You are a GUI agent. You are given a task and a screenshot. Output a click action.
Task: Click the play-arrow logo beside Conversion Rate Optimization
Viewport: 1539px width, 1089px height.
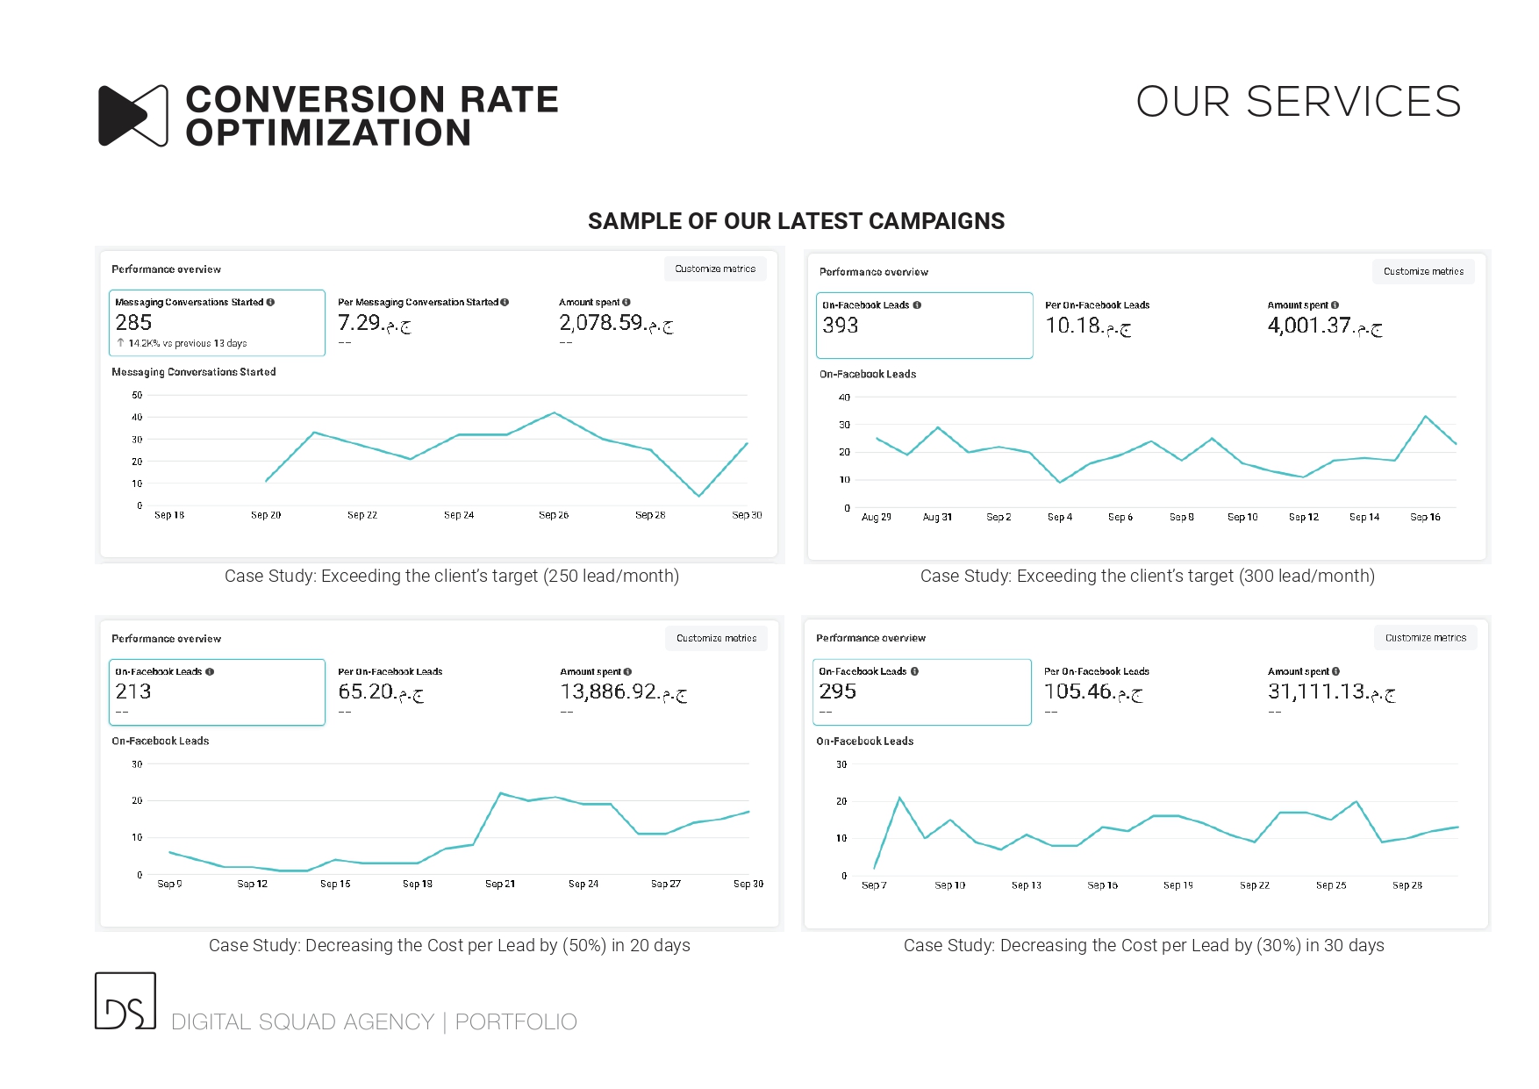click(x=132, y=116)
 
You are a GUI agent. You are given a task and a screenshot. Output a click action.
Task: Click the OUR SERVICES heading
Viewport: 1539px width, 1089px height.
click(x=1298, y=102)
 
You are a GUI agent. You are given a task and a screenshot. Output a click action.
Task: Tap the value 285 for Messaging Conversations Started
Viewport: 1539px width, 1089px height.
click(x=133, y=323)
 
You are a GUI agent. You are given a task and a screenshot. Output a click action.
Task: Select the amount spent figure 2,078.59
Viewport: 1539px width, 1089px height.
click(x=602, y=323)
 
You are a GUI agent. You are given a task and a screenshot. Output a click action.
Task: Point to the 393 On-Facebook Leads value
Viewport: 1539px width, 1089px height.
click(x=840, y=326)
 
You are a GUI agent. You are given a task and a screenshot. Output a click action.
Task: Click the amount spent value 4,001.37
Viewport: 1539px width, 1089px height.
click(x=1309, y=326)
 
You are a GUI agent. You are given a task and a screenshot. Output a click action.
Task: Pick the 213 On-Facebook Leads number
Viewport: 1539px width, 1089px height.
click(x=133, y=691)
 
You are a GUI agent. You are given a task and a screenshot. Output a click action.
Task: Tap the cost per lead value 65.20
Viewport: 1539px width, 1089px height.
click(x=366, y=691)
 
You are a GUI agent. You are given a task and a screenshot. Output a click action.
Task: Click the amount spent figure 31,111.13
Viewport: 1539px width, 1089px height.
click(x=1316, y=691)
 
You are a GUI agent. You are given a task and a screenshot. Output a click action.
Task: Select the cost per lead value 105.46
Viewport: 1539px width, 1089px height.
click(x=1077, y=691)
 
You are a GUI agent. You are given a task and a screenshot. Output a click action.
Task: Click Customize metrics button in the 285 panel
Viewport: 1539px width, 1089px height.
click(x=715, y=269)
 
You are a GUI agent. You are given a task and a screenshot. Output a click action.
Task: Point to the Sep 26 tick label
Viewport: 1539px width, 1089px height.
click(x=554, y=515)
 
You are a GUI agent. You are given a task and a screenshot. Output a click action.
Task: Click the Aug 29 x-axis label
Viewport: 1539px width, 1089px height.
click(x=876, y=518)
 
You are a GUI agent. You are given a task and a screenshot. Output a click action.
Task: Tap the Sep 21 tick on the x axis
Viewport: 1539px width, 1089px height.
click(x=500, y=885)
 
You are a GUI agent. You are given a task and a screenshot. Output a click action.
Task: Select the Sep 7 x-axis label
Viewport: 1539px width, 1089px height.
click(x=874, y=885)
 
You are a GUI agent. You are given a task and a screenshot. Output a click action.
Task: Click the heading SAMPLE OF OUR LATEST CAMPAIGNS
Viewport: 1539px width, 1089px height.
click(x=796, y=221)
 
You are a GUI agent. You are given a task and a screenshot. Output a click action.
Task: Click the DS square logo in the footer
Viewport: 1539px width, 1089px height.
click(x=125, y=1001)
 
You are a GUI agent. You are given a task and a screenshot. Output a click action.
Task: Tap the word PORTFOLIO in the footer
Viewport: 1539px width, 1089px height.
click(x=516, y=1022)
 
